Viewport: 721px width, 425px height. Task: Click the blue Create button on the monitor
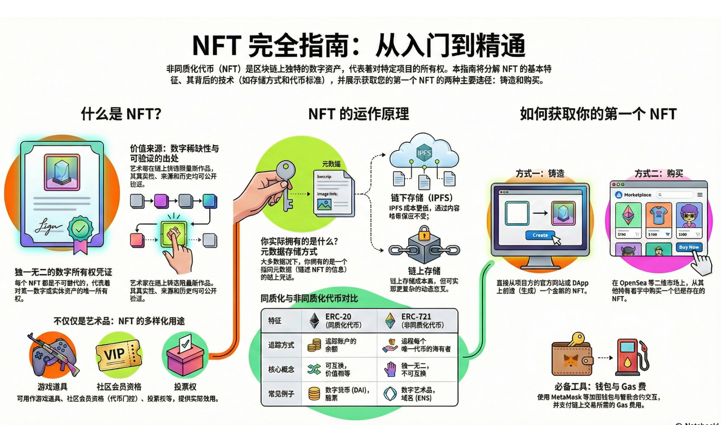(540, 235)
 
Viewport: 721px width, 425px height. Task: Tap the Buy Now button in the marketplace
(688, 247)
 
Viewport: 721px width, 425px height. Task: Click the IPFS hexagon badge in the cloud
(424, 153)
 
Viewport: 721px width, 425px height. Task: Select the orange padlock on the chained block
(424, 233)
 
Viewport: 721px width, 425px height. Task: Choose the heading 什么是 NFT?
(121, 114)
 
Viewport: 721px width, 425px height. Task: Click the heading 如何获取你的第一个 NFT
(598, 114)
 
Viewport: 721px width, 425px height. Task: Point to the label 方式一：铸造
(540, 174)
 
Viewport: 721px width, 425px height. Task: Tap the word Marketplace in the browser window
(637, 195)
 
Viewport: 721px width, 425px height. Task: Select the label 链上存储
(424, 271)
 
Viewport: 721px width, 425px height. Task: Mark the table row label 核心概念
(281, 370)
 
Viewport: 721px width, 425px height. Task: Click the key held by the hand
(286, 181)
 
